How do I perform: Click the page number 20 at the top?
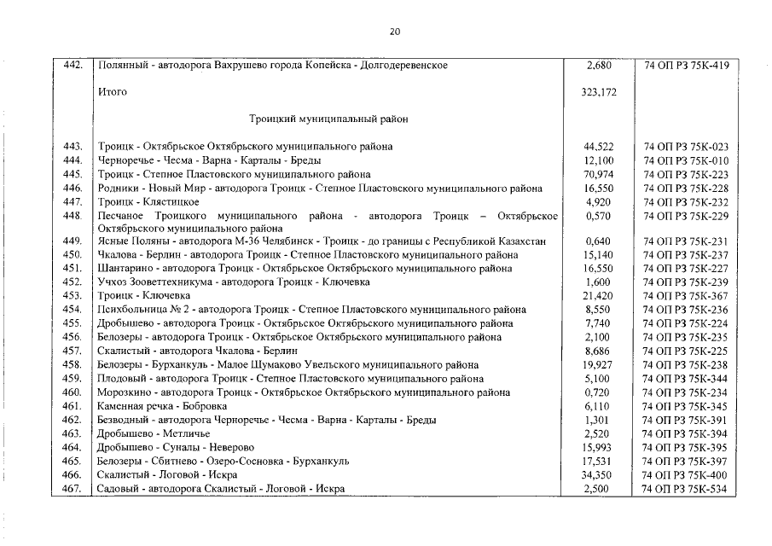[394, 32]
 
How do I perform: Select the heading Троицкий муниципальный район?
[328, 119]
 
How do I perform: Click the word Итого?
[113, 92]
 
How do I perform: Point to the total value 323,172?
[599, 92]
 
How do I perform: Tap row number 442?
[72, 65]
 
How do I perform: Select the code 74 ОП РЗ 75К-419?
[686, 65]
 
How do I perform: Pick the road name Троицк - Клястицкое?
[148, 201]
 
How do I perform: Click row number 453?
[72, 296]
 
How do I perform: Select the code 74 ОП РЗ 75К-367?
[686, 296]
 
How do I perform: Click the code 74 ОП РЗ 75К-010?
[686, 160]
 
